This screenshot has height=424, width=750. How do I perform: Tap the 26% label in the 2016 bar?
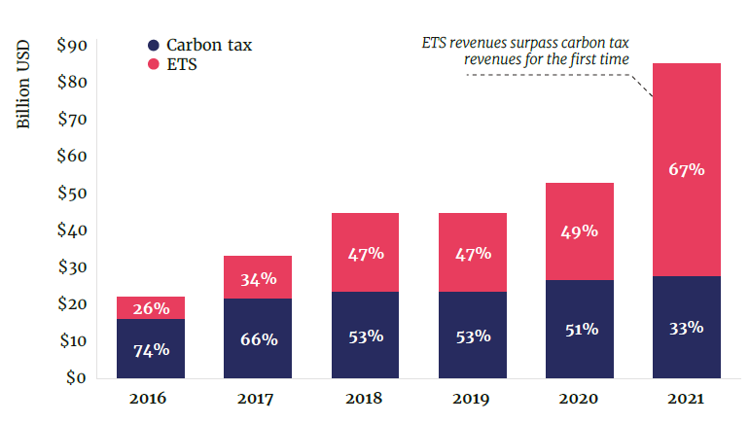[151, 309]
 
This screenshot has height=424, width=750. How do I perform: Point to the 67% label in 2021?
[686, 169]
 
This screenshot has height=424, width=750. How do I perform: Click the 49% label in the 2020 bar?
[579, 231]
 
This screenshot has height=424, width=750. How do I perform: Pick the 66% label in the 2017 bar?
[258, 339]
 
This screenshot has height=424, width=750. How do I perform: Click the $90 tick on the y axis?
[73, 45]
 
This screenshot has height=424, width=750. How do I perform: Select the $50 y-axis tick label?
[73, 194]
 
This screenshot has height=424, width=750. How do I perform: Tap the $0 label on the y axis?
[77, 377]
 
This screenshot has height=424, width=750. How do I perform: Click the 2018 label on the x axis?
[365, 399]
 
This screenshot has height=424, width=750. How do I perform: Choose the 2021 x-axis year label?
[686, 399]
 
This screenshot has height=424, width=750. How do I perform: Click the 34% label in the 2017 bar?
[258, 279]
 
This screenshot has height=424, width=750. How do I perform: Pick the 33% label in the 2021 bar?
[686, 328]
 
